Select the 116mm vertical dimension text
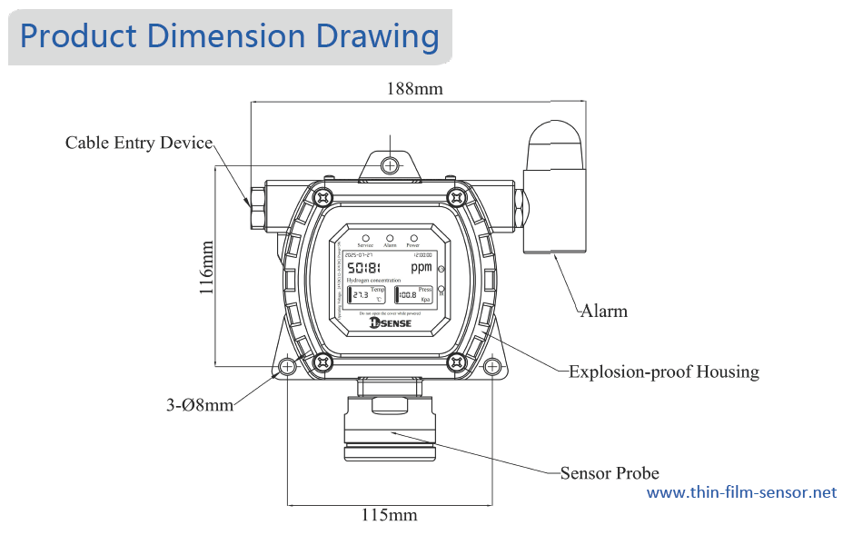tap(207, 268)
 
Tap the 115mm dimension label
tap(389, 516)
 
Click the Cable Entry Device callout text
tap(139, 144)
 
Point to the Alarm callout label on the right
tap(604, 312)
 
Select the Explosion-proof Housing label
tap(663, 372)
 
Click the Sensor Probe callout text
tap(609, 473)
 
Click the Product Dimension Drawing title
tap(230, 36)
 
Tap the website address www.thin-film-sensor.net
tap(741, 492)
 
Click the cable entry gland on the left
tap(259, 205)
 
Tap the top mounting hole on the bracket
tap(390, 164)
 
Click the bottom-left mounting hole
tap(287, 366)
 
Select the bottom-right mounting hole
tap(491, 366)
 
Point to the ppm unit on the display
tap(422, 268)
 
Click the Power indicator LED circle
tap(413, 237)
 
